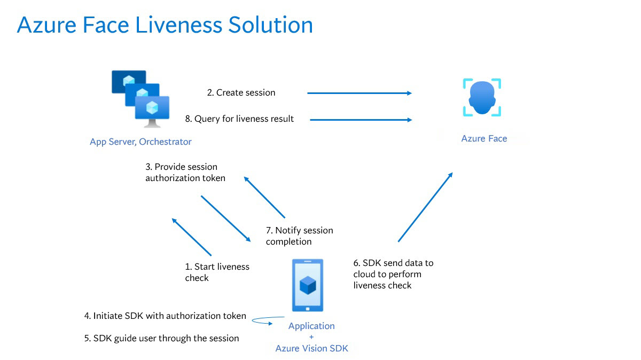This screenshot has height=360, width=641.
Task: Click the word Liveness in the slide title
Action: (x=178, y=25)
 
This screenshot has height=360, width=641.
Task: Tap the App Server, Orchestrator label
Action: (x=140, y=142)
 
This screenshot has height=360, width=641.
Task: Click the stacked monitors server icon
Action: (x=140, y=99)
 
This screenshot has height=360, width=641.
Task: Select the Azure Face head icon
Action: (x=482, y=98)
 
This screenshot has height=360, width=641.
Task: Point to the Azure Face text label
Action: (x=484, y=138)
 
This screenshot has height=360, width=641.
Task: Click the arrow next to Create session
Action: (x=359, y=93)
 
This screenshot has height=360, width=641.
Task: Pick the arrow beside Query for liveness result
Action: (x=361, y=120)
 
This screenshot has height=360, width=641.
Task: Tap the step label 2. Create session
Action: (x=241, y=93)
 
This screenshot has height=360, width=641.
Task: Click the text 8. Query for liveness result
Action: (x=239, y=119)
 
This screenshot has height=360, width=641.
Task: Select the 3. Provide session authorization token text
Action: (x=185, y=173)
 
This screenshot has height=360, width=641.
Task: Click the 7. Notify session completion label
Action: (x=299, y=236)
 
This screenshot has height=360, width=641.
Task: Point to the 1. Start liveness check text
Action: (x=217, y=272)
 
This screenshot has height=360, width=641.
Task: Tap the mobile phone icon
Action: (x=308, y=285)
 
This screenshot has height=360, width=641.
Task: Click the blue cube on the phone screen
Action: (x=308, y=285)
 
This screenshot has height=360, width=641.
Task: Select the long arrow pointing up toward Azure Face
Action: (x=425, y=207)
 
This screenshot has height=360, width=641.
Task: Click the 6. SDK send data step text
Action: (x=393, y=274)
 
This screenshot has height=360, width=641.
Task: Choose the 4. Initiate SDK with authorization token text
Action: (x=165, y=316)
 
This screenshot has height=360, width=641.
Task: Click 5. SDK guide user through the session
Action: (x=161, y=338)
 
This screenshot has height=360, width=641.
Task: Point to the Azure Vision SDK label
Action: (x=311, y=349)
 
